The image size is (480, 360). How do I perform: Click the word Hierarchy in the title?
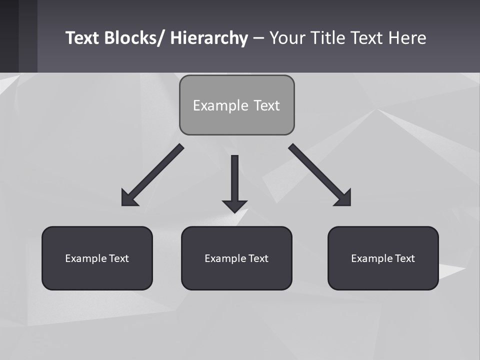(x=209, y=38)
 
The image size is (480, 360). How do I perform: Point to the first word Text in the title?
(x=83, y=38)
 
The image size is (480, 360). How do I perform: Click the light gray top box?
(x=236, y=105)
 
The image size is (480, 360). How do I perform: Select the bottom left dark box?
(x=97, y=258)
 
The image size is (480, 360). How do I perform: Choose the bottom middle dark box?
(x=236, y=258)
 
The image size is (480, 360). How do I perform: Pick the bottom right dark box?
(x=383, y=258)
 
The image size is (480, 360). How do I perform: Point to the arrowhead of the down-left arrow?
(x=128, y=198)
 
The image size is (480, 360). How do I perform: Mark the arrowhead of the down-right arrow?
(x=344, y=198)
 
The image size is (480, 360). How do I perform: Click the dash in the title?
(x=258, y=38)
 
